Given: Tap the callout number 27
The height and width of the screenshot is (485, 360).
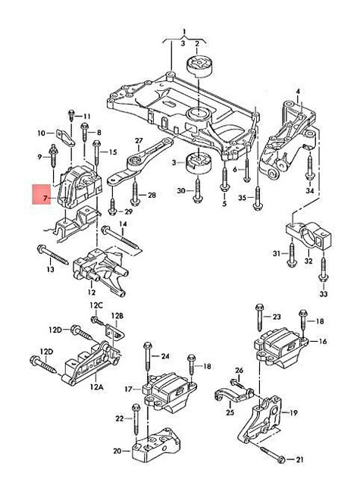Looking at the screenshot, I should coord(139,142).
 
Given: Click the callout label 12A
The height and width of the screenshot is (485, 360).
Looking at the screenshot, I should coord(96,386).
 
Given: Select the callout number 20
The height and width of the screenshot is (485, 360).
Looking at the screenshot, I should coord(117,451).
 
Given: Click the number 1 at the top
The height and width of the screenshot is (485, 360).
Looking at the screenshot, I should coord(183,33).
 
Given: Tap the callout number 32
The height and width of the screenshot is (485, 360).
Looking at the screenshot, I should coord(308,261).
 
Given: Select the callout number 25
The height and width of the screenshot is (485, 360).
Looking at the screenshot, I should coord(230,413).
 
